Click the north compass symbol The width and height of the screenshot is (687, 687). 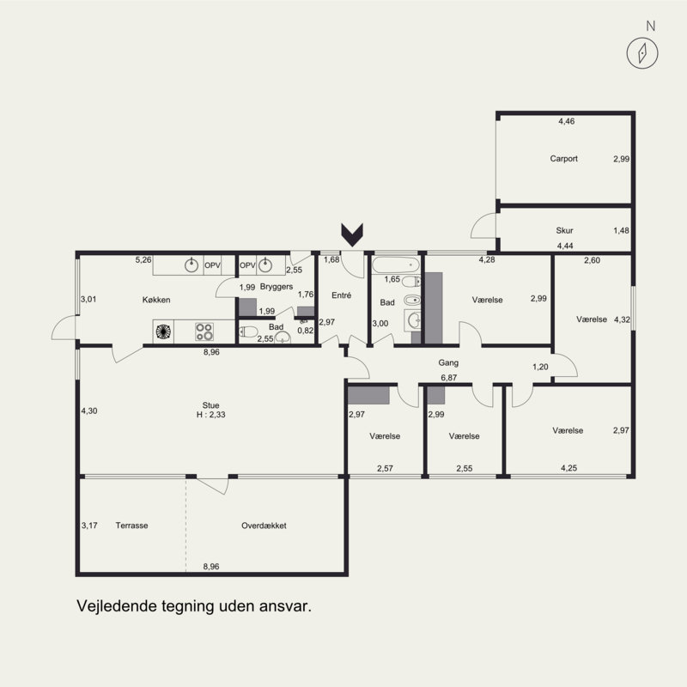click(x=641, y=53)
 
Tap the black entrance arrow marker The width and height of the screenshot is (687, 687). click(x=352, y=234)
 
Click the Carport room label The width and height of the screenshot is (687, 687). click(x=564, y=159)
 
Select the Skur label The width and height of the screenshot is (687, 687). click(x=564, y=230)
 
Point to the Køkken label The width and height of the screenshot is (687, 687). click(x=156, y=300)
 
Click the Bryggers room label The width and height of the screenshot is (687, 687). click(x=277, y=287)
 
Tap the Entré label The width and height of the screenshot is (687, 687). click(x=341, y=295)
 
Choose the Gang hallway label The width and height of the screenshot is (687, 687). click(x=448, y=362)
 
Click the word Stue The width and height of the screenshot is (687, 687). click(x=210, y=405)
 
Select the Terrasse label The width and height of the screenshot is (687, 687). click(x=132, y=526)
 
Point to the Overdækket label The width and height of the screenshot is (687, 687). click(x=264, y=526)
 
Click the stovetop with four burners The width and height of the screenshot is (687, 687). click(x=204, y=331)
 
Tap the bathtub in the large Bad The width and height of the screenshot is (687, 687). click(x=396, y=265)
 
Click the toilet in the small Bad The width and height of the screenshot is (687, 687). click(x=248, y=331)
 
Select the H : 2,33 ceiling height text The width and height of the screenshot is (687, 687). click(x=210, y=415)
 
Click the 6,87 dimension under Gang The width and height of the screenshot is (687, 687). click(x=448, y=378)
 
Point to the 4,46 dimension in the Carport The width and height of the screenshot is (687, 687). click(x=567, y=121)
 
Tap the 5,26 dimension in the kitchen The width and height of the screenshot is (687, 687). click(x=143, y=260)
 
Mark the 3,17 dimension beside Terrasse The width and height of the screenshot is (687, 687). click(x=89, y=526)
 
